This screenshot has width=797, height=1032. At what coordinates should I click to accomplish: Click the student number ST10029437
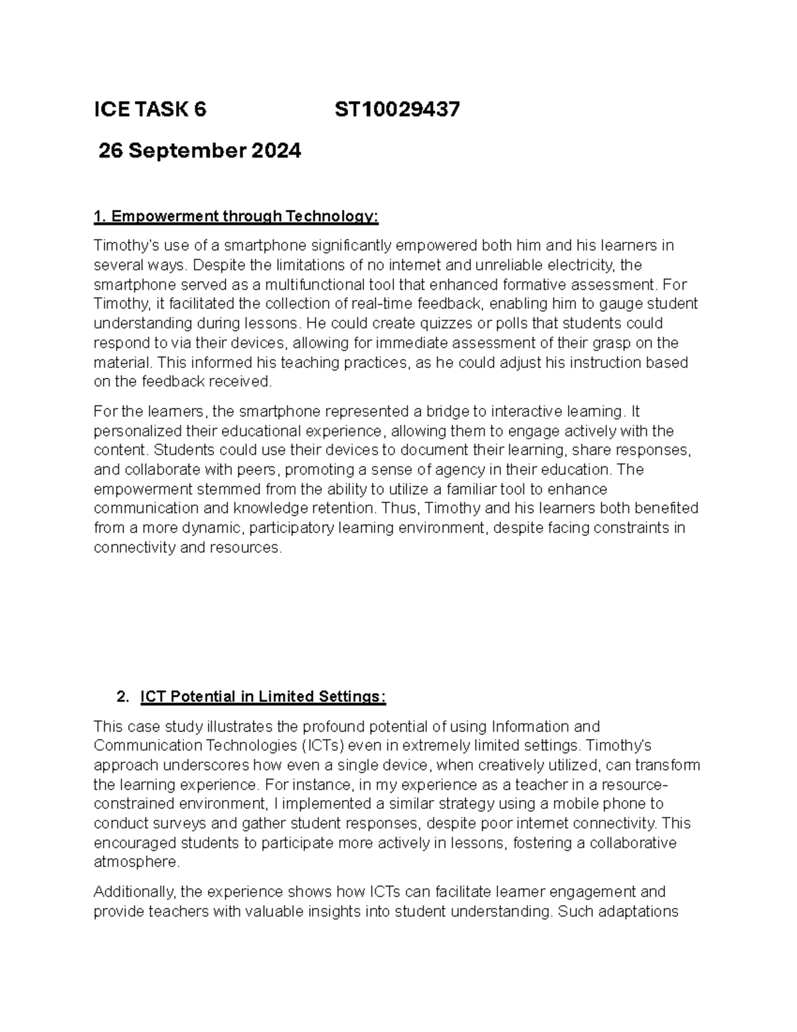pyautogui.click(x=397, y=110)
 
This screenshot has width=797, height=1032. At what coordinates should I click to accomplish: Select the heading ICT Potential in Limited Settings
pyautogui.click(x=262, y=697)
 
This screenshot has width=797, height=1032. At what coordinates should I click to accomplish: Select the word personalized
pyautogui.click(x=135, y=431)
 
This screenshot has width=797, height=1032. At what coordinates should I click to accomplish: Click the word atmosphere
pyautogui.click(x=136, y=863)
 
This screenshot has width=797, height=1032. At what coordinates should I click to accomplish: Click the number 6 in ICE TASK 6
pyautogui.click(x=200, y=110)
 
